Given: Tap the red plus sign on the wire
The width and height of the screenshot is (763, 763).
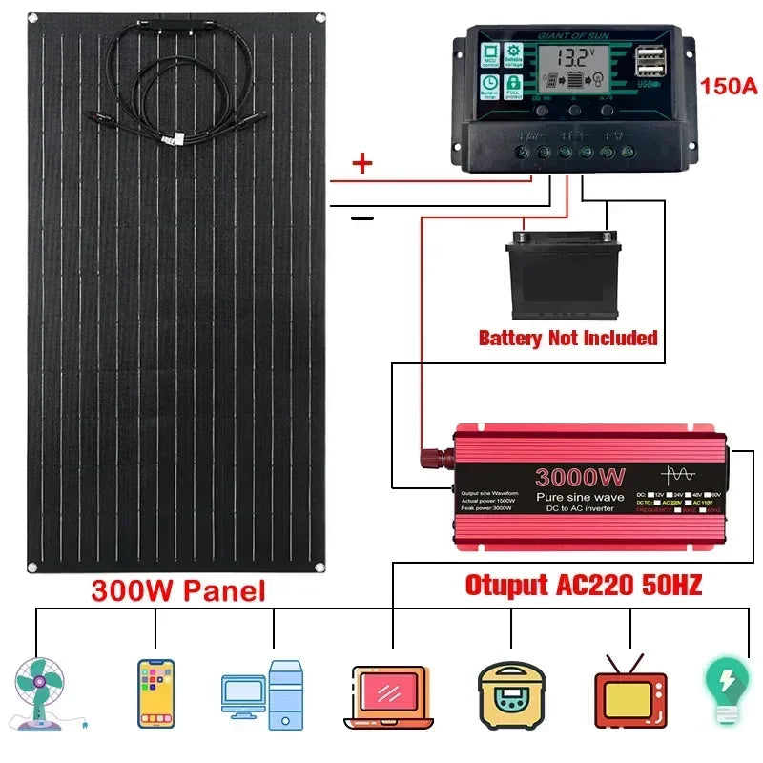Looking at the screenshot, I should (361, 164).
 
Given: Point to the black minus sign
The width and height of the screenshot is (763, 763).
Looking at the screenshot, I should (361, 218).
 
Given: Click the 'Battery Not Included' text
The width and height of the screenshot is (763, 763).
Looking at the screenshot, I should (567, 338).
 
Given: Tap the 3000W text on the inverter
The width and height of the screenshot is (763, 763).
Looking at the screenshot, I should (580, 477).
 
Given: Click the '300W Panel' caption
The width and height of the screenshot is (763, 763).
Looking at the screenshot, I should (177, 590).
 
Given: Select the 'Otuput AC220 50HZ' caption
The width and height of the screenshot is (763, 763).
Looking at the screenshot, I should (583, 585).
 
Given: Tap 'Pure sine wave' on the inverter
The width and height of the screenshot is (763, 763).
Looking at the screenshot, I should (579, 498).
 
